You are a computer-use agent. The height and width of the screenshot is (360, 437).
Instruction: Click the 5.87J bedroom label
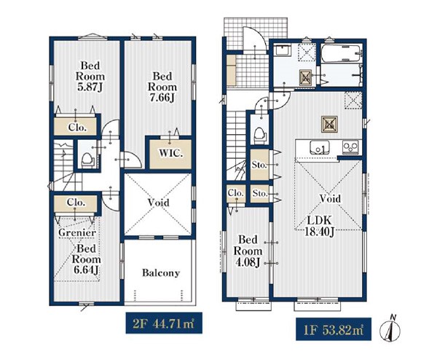coord(90,77)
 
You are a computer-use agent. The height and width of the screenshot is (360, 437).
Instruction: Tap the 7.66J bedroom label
coord(162,87)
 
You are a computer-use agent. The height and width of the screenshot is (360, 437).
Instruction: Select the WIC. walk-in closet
coord(170,154)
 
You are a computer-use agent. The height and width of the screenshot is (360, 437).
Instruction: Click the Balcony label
coord(161,273)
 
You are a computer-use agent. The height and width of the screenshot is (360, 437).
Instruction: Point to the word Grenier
coord(77,232)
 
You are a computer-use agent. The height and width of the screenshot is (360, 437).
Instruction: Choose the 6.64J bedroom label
coord(86,259)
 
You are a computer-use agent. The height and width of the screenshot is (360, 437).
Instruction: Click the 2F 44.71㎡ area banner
coord(164,323)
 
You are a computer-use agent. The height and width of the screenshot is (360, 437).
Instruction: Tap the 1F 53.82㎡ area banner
coord(334,329)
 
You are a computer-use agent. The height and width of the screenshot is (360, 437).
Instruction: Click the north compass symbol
coord(390,329)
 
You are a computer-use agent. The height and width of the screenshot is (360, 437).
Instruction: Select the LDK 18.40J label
coord(319,226)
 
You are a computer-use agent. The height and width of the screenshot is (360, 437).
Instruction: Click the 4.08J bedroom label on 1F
coord(248,251)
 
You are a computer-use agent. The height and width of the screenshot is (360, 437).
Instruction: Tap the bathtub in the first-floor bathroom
coord(342,53)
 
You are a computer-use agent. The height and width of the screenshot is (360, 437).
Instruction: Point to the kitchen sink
coord(320,147)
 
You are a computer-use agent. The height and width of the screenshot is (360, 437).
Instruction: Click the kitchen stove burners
coord(350,146)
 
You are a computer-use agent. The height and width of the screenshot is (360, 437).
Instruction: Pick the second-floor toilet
coord(87,160)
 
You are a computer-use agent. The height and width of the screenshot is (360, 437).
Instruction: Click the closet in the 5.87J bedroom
coord(75,126)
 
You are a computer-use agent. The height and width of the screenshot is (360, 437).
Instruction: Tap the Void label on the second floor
coord(158,203)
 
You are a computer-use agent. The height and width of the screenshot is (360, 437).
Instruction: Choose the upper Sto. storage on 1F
coord(259,165)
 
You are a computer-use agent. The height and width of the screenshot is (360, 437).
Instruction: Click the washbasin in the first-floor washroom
coord(283,51)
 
